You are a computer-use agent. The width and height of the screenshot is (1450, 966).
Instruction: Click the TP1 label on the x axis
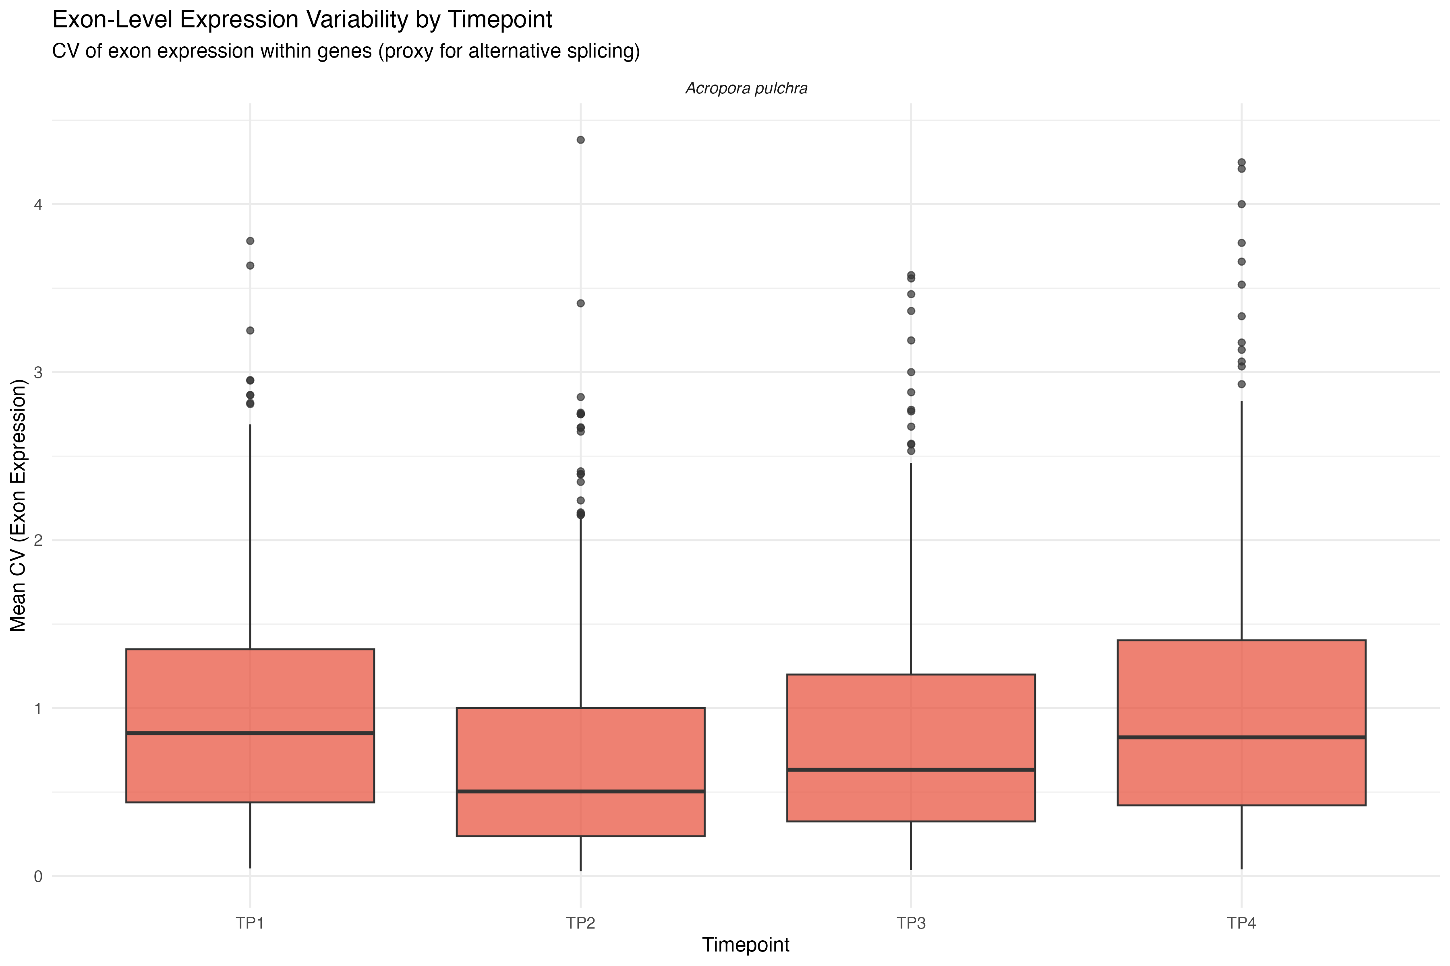pyautogui.click(x=250, y=923)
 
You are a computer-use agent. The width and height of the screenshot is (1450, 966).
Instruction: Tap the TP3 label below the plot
pyautogui.click(x=911, y=923)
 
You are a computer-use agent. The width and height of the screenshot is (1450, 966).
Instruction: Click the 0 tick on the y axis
pyautogui.click(x=38, y=877)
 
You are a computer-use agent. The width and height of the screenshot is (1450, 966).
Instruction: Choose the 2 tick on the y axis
pyautogui.click(x=38, y=540)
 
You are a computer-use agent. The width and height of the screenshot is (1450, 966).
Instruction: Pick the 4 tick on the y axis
pyautogui.click(x=38, y=204)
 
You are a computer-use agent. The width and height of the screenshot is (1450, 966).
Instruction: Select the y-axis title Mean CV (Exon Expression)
pyautogui.click(x=19, y=505)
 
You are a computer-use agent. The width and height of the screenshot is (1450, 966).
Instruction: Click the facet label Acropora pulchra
pyautogui.click(x=746, y=89)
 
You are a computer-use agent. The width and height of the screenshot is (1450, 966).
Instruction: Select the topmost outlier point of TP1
pyautogui.click(x=250, y=241)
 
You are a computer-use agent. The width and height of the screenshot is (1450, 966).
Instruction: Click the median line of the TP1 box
pyautogui.click(x=250, y=733)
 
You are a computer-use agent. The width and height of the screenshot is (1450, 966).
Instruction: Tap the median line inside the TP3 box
pyautogui.click(x=911, y=770)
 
